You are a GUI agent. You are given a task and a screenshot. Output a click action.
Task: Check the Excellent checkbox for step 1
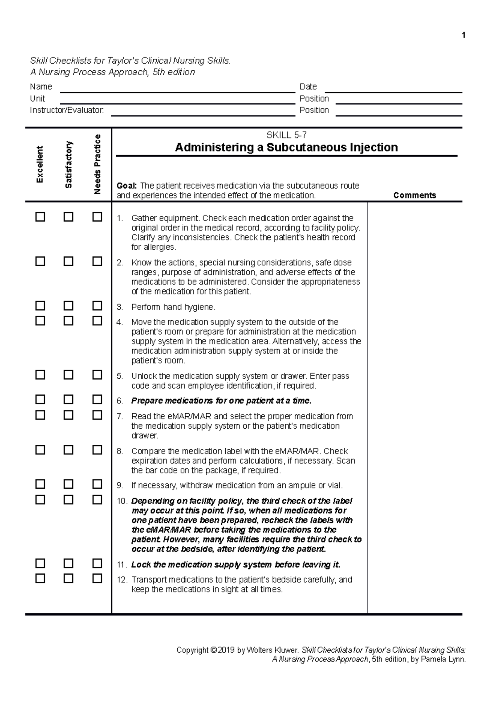[x=40, y=217]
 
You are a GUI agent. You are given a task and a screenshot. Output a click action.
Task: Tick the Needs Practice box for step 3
[x=97, y=306]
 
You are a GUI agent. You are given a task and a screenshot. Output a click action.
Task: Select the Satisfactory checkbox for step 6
[x=69, y=399]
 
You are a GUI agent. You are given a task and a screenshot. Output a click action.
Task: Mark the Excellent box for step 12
[x=40, y=578]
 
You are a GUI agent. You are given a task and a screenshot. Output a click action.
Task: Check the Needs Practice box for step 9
[x=97, y=484]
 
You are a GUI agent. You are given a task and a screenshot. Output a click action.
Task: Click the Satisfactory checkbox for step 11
[x=69, y=564]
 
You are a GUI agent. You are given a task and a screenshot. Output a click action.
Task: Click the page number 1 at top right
[x=464, y=35]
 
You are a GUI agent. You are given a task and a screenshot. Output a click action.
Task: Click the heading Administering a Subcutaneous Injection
[x=286, y=147]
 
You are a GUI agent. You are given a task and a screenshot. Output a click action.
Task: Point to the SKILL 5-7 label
[x=286, y=135]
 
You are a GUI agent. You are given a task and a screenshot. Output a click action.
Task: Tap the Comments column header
[x=415, y=195]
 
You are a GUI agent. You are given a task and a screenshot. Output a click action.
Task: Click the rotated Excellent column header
[x=40, y=164]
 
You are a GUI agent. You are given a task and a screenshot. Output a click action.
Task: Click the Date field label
[x=308, y=87]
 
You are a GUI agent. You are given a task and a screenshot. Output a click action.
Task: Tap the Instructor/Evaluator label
[x=67, y=110]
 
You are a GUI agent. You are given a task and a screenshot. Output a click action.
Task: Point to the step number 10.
[x=122, y=501]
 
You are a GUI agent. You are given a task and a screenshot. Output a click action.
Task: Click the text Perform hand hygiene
[x=173, y=307]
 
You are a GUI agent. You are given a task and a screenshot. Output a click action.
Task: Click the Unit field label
[x=37, y=99]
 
